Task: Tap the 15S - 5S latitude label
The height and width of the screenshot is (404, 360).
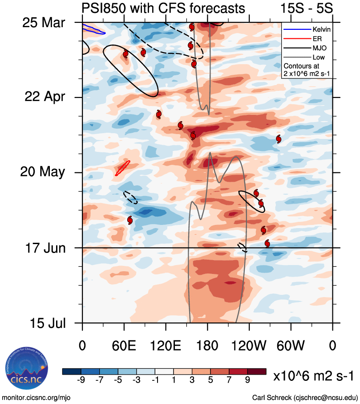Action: (307, 8)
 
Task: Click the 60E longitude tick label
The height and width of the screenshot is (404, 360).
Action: (124, 345)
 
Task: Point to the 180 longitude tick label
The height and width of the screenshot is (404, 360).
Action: (207, 345)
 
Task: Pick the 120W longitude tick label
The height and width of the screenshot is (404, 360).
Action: (249, 345)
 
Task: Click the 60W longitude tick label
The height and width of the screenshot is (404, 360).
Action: (291, 345)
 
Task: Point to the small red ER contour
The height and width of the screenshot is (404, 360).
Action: (122, 168)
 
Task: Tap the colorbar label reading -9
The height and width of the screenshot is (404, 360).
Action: (81, 380)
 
